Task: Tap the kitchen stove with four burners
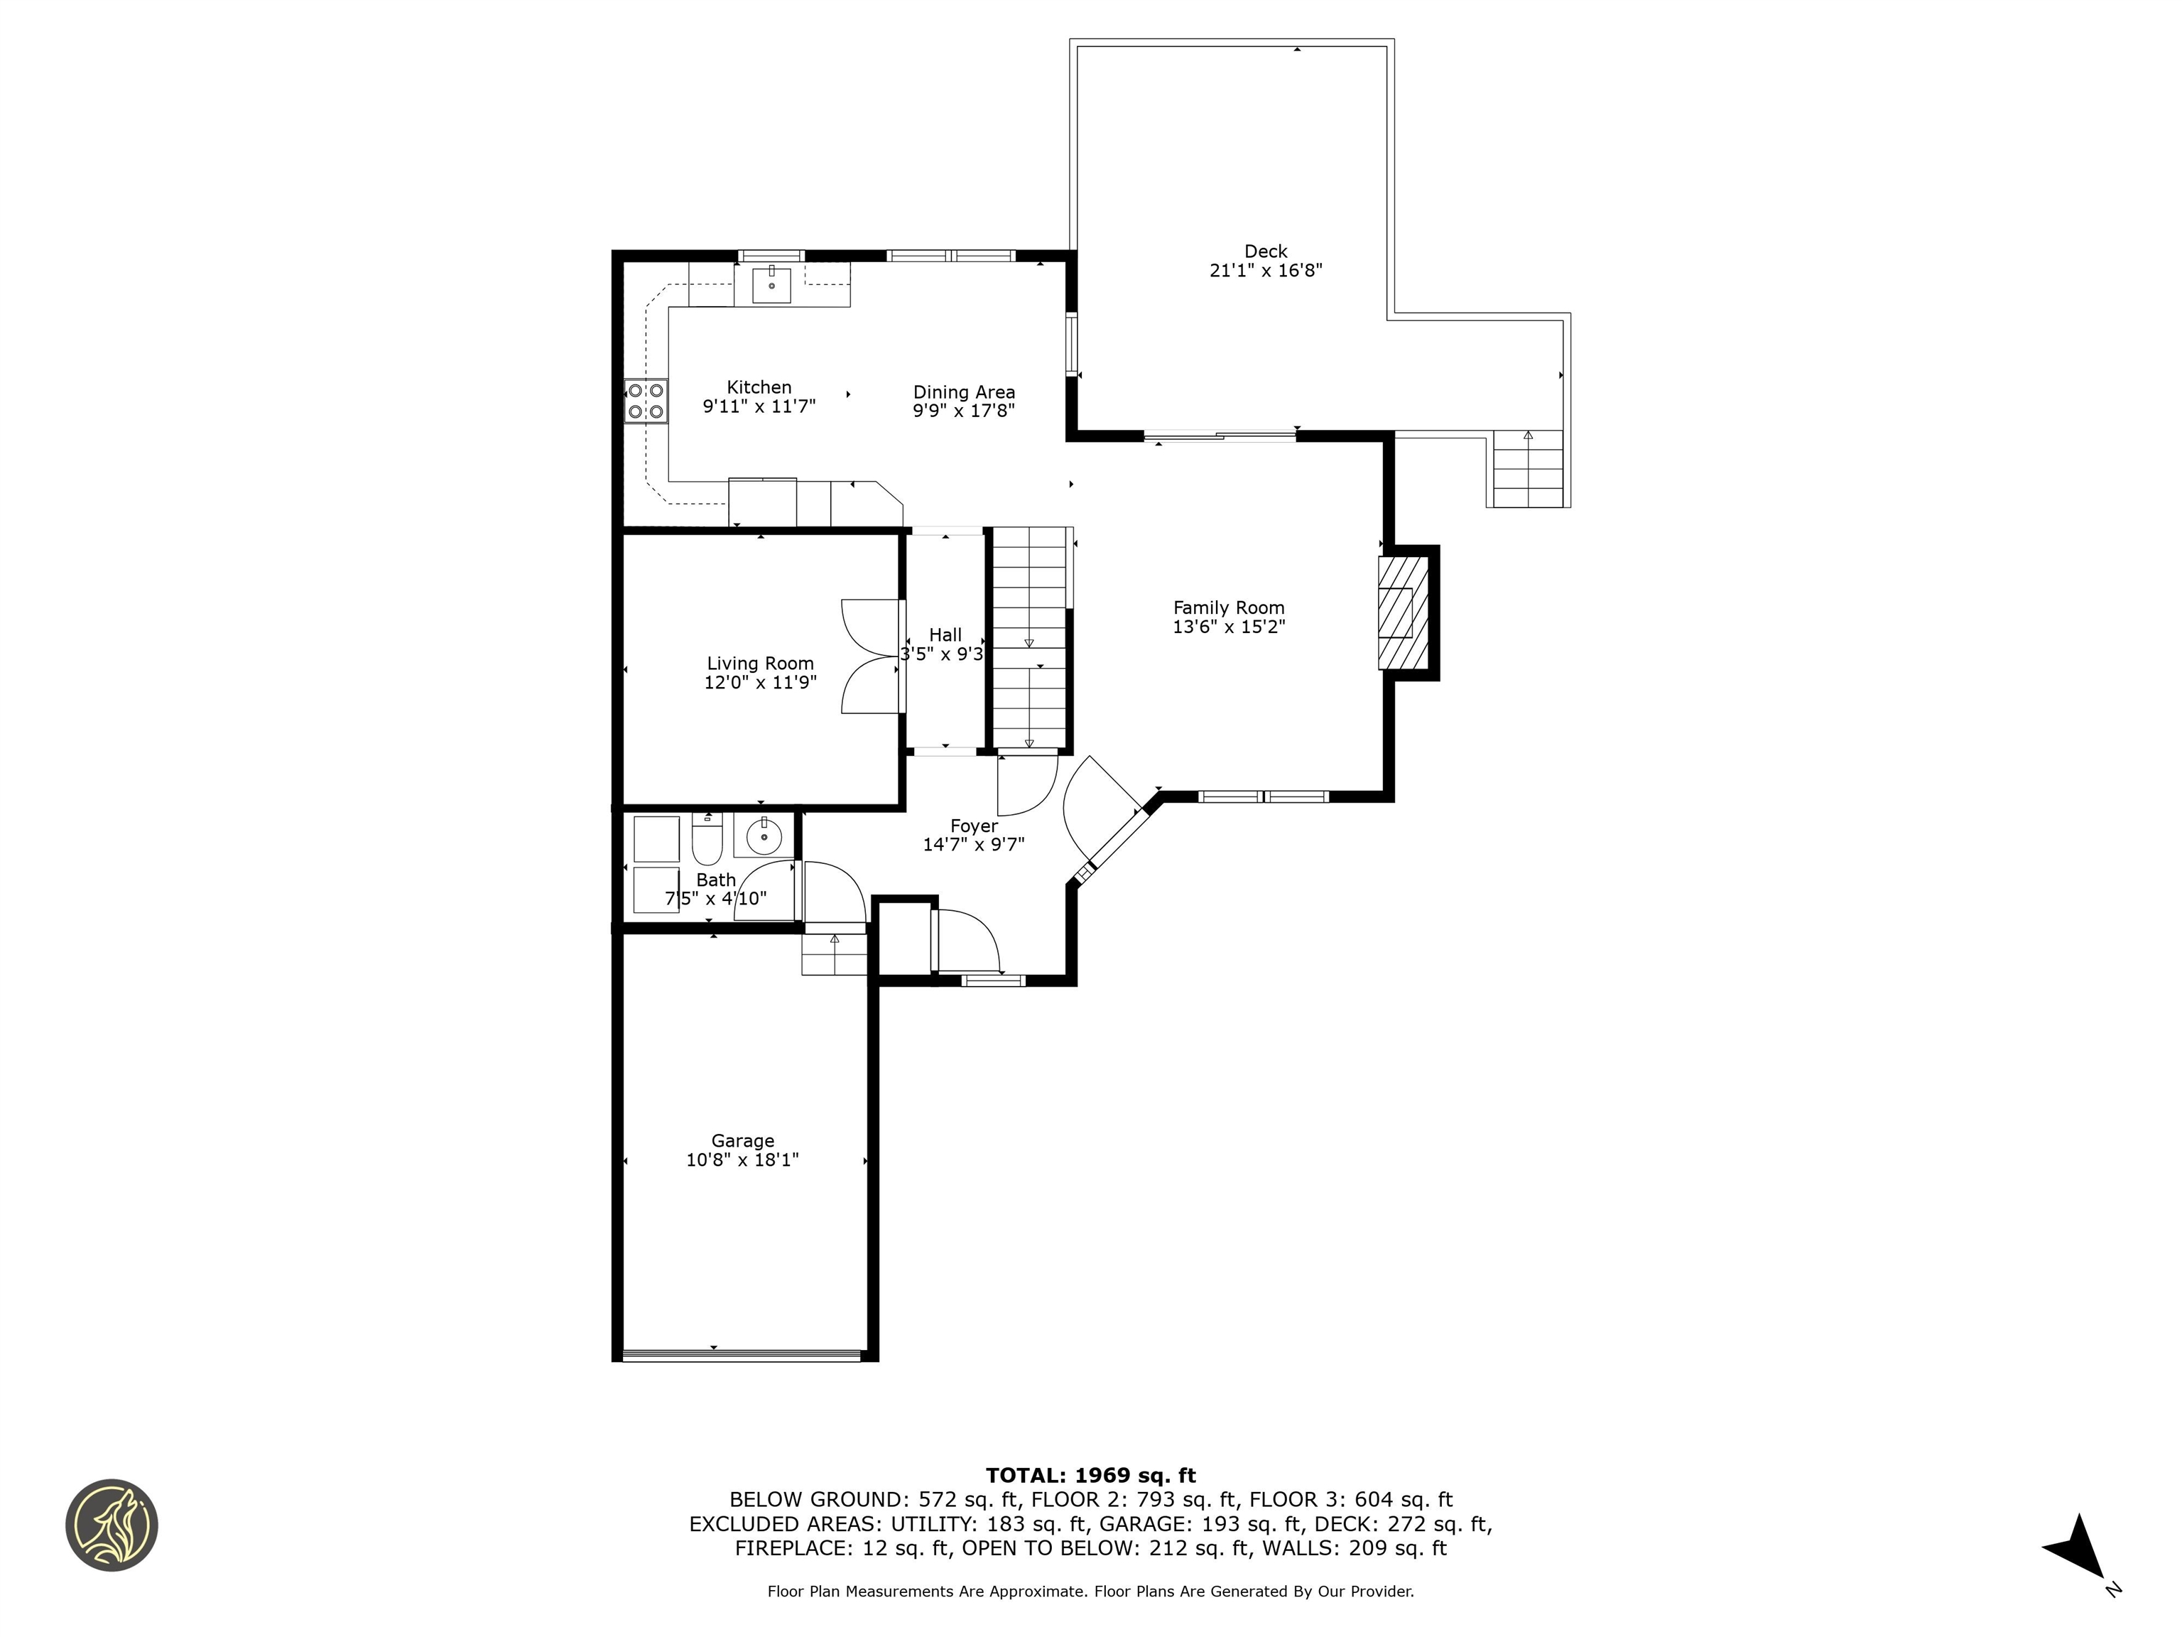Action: [646, 401]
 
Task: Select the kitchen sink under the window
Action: [771, 285]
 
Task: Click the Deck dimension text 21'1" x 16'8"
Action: [1266, 271]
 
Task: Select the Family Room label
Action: [1228, 607]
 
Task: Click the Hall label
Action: [945, 635]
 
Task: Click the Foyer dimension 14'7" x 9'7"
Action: [974, 845]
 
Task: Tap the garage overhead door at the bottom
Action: [742, 1355]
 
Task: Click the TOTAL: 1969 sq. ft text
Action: [1090, 1475]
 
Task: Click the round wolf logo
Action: [112, 1525]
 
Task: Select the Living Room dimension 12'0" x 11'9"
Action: [759, 683]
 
